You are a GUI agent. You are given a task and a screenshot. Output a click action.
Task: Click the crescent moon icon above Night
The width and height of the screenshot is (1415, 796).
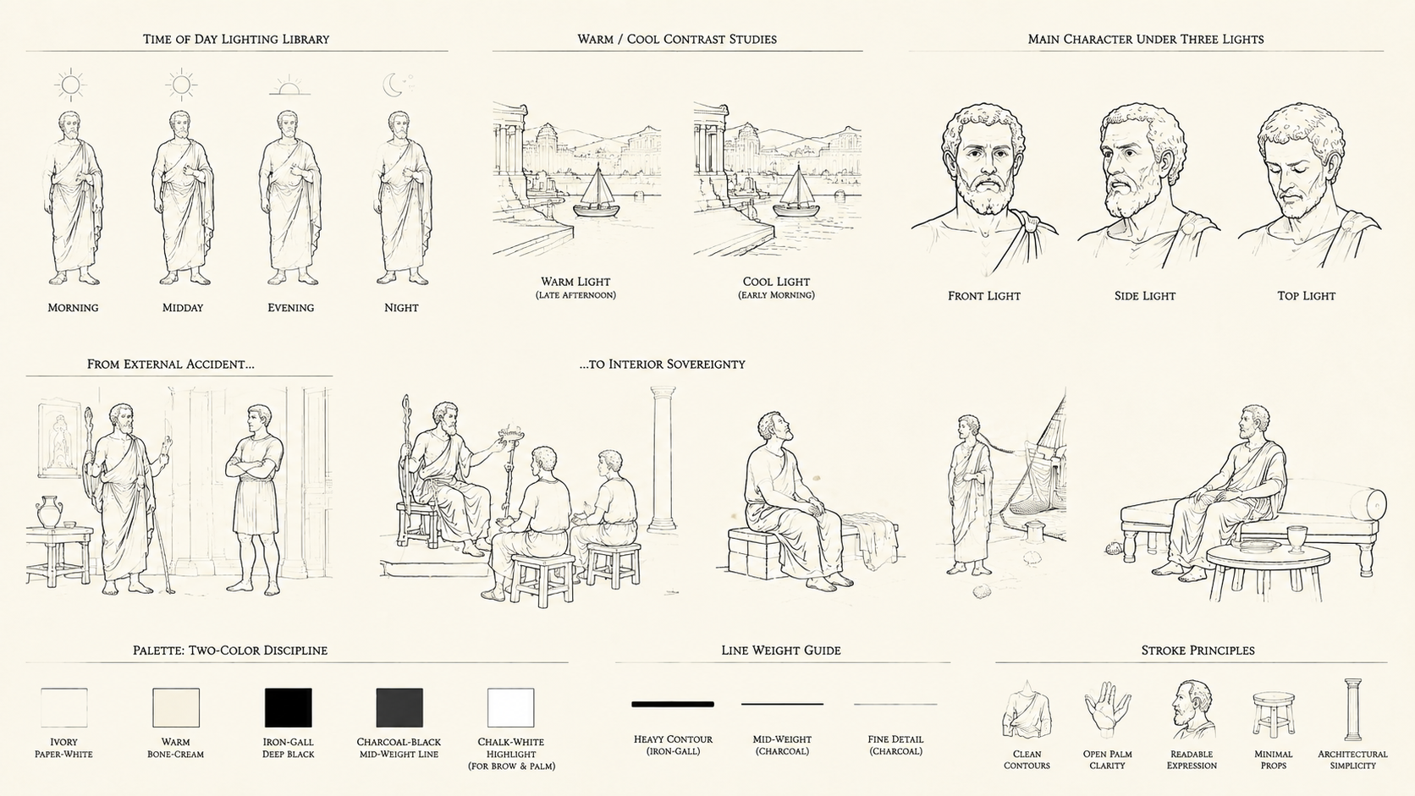click(393, 85)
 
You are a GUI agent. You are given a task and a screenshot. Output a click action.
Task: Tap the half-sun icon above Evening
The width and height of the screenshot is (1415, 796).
click(290, 86)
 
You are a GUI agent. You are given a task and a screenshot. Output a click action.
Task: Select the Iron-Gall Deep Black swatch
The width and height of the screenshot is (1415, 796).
click(288, 708)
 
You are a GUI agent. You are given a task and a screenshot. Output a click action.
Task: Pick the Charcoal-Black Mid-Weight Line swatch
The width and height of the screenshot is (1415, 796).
click(399, 708)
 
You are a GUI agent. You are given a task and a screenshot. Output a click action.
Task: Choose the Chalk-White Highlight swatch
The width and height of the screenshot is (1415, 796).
click(511, 708)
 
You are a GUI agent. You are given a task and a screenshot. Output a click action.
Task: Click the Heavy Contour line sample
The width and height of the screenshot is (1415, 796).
click(673, 704)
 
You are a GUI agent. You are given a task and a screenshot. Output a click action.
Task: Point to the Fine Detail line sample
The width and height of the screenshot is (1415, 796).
click(895, 704)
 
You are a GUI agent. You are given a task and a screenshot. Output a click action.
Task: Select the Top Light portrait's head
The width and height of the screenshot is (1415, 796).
click(1298, 161)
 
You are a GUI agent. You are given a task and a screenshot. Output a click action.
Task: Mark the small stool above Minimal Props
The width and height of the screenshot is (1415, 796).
click(1273, 715)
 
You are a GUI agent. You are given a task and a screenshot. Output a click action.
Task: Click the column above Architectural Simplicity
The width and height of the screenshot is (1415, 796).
click(1352, 709)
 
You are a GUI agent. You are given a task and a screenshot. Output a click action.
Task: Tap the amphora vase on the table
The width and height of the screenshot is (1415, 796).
click(49, 512)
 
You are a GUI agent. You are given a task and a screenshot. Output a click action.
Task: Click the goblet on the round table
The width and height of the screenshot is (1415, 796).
click(1297, 539)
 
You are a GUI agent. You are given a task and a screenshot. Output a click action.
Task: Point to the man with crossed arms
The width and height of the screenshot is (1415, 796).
click(256, 499)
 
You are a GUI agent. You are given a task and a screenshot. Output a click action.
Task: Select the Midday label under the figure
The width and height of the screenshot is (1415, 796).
click(183, 308)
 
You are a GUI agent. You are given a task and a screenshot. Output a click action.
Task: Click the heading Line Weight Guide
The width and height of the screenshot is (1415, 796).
click(781, 651)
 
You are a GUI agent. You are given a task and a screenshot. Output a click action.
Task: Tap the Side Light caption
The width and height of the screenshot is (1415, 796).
click(1145, 296)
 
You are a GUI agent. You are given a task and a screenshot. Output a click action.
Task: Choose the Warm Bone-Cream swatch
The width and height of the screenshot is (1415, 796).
click(176, 708)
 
